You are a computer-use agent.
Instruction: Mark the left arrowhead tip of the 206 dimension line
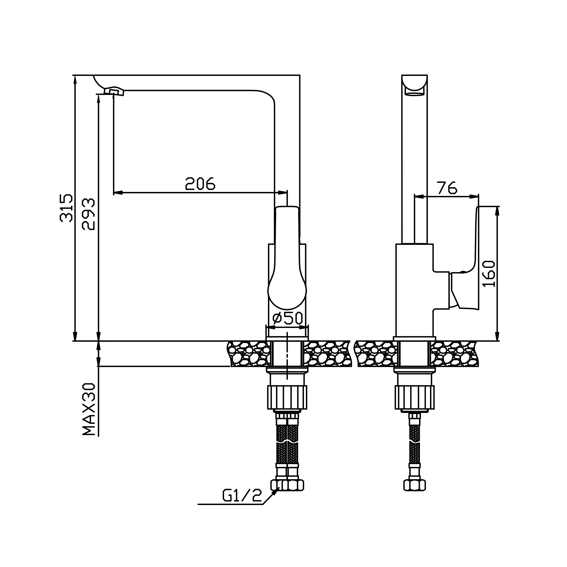click(x=114, y=193)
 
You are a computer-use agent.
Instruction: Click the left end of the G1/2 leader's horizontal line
click(x=198, y=504)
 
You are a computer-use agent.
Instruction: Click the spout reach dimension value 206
click(x=200, y=184)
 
